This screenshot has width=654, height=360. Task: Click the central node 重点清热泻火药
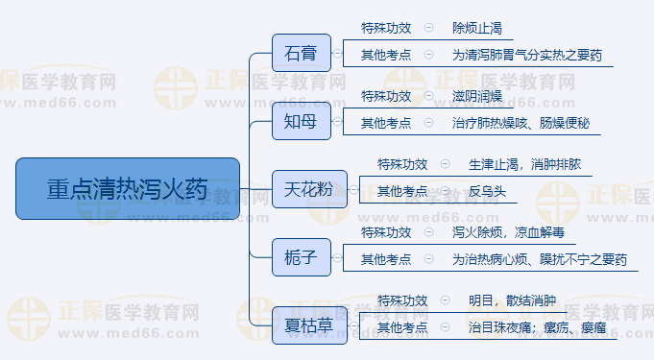coord(128,188)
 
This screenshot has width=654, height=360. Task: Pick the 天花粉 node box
coord(303,189)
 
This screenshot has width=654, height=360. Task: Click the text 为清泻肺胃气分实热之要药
coord(527,55)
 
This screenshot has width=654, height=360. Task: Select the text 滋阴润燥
coord(476,96)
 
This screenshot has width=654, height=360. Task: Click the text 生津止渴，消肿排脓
coord(524,164)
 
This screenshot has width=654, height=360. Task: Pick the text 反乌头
coord(487,191)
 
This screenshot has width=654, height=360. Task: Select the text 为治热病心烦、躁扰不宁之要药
coord(539,259)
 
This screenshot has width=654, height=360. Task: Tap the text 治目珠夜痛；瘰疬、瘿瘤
coord(537,328)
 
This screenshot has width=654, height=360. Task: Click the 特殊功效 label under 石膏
coord(385,28)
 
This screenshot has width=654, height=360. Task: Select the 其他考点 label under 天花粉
coord(402,191)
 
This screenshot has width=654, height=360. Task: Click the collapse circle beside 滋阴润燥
coord(428,96)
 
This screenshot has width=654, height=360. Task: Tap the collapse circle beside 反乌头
coord(445,191)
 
